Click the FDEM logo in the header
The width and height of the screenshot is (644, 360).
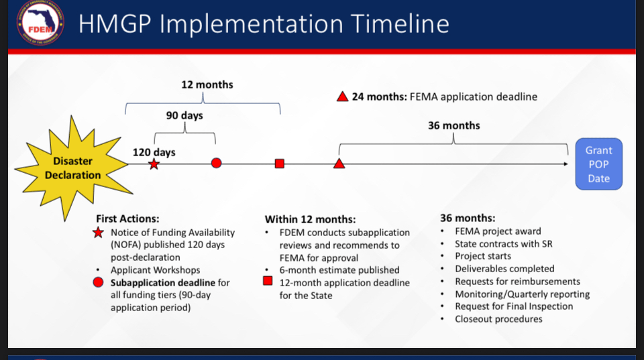point(40,23)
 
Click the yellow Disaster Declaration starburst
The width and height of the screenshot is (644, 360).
point(73,168)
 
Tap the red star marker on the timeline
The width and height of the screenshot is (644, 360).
point(154,164)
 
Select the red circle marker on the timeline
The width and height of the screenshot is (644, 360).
point(217,164)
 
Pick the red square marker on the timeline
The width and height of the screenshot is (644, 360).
point(280,164)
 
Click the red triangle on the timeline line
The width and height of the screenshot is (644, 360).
point(339,164)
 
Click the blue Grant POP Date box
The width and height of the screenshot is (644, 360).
point(599,164)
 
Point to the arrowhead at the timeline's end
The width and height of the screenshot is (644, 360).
point(566,164)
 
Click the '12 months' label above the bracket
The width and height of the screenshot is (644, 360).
point(207,84)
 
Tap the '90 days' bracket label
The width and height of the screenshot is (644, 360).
point(184,116)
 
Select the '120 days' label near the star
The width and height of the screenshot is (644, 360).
point(154,152)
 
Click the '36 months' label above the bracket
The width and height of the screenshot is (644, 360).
point(454,125)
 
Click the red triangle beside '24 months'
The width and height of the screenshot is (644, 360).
point(343,97)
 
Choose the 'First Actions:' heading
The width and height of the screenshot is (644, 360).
point(127,219)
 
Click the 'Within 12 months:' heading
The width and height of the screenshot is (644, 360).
point(310,219)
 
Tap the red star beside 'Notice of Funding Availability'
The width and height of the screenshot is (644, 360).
point(98,233)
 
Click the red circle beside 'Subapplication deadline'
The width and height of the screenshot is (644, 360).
point(98,282)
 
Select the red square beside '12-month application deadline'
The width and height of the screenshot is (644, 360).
point(268,281)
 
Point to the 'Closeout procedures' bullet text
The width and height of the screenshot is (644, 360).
point(498,319)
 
